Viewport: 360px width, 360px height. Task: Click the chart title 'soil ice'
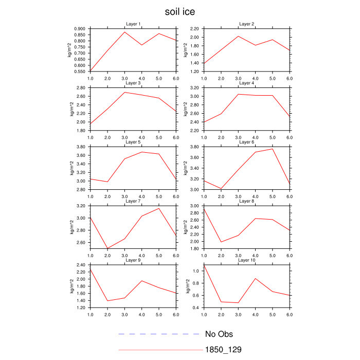179,11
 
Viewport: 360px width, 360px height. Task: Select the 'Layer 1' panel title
134,24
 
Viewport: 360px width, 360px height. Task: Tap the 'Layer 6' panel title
247,142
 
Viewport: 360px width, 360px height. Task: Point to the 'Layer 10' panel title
247,260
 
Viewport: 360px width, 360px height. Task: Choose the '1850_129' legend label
223,350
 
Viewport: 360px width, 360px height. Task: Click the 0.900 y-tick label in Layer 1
79,29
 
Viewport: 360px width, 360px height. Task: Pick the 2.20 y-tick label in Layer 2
194,29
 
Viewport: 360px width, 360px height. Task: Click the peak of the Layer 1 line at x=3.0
124,32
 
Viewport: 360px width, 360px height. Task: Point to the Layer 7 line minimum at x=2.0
107,248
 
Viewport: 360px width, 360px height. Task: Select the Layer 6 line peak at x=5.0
272,149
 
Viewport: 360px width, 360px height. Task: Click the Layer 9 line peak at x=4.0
141,281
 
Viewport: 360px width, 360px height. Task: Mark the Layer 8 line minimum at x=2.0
221,242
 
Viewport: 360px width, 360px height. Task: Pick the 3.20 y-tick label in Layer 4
194,88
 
